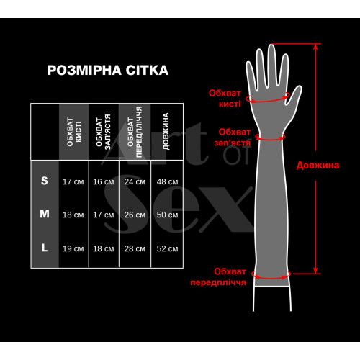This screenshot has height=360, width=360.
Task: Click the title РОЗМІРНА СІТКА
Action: point(107,71)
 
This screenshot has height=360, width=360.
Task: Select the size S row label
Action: point(45,181)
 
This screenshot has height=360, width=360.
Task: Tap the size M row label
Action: point(45,214)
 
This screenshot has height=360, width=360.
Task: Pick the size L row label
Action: point(45,248)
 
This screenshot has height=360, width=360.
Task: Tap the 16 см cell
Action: point(103,181)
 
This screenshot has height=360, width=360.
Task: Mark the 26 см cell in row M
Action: point(135,215)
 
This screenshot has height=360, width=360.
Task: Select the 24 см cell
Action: point(135,181)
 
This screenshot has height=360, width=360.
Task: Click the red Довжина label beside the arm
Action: point(318,165)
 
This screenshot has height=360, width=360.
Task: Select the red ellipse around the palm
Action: point(268,100)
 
